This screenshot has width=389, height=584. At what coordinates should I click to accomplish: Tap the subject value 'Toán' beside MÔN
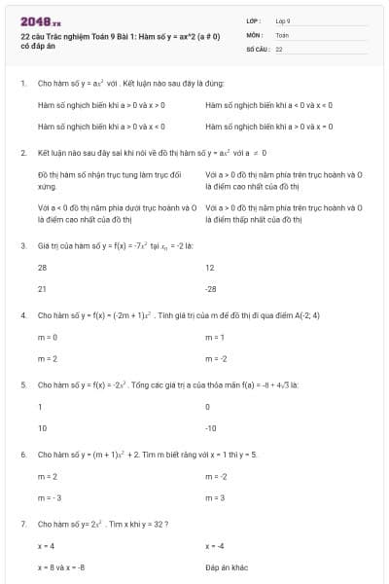pyautogui.click(x=282, y=34)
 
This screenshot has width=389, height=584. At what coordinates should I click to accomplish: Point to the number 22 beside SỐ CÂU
pyautogui.click(x=279, y=48)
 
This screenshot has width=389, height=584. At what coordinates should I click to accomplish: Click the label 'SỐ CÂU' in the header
pyautogui.click(x=257, y=48)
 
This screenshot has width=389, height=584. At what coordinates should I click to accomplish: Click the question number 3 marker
pyautogui.click(x=22, y=245)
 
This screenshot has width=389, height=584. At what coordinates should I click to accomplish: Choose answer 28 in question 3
pyautogui.click(x=42, y=267)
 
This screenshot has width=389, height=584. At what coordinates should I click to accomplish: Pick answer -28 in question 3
pyautogui.click(x=211, y=289)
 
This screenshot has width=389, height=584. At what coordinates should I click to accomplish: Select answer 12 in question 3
pyautogui.click(x=210, y=267)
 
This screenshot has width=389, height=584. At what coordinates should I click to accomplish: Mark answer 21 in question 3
pyautogui.click(x=42, y=289)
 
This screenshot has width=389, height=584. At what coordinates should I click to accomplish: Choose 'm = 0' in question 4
pyautogui.click(x=48, y=337)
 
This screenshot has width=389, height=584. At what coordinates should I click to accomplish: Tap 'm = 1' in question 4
pyautogui.click(x=215, y=337)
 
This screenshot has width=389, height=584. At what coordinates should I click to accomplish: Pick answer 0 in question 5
pyautogui.click(x=208, y=406)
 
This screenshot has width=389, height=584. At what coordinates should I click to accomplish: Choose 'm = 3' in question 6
pyautogui.click(x=215, y=498)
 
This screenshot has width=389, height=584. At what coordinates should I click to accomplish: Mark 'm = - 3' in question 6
pyautogui.click(x=50, y=498)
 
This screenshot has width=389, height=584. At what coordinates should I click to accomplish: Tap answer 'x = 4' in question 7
pyautogui.click(x=46, y=545)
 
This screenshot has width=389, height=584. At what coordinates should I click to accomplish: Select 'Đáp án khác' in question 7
pyautogui.click(x=227, y=566)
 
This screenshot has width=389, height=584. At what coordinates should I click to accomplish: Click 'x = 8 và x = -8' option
pyautogui.click(x=61, y=566)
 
